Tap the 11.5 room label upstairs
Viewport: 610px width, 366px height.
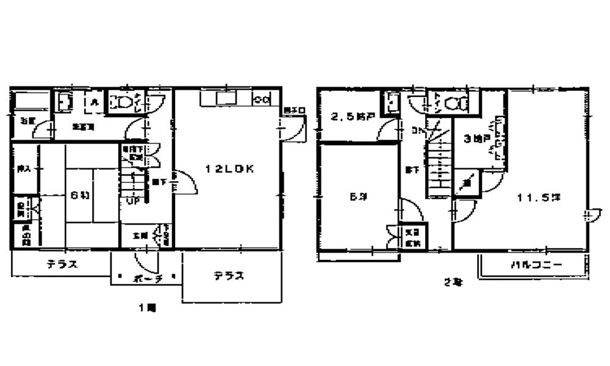point(539,197)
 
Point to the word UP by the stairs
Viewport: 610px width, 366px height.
point(132,199)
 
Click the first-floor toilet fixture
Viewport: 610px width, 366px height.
point(124,102)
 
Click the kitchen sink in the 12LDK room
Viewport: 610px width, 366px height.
point(223,99)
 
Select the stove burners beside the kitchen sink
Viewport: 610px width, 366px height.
point(262,99)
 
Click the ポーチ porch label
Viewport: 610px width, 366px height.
point(146,278)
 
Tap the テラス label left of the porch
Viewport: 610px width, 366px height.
point(62,265)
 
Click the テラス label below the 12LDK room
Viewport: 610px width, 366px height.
point(229,276)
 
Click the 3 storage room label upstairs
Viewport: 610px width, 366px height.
point(476,139)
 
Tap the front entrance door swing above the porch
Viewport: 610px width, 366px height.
point(146,260)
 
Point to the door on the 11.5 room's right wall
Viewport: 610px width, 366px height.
point(589,215)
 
